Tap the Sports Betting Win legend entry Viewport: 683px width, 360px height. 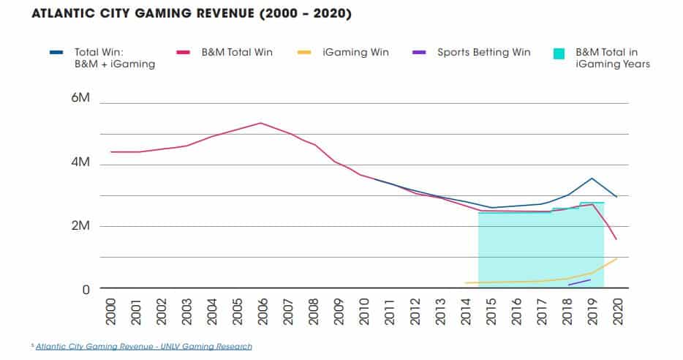484,52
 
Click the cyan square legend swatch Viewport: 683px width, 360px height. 561,53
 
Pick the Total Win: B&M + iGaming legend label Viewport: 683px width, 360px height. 113,58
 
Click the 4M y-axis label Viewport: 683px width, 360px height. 80,162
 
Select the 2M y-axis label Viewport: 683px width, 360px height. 80,226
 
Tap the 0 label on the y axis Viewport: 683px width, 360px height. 85,290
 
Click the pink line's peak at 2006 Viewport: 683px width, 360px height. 261,123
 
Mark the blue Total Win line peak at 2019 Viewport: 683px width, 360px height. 592,178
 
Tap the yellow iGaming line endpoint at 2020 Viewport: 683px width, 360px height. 616,258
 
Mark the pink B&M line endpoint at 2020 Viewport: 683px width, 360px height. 616,239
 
